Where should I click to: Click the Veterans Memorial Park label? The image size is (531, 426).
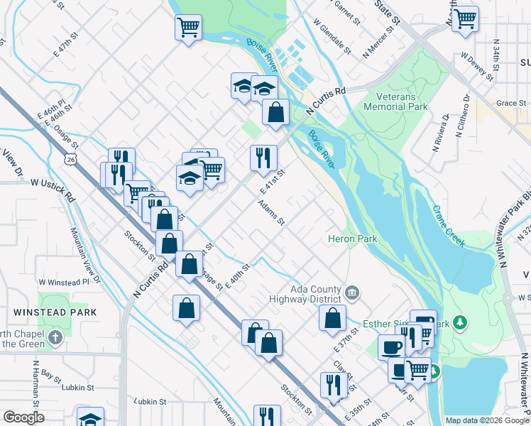[x=395, y=101]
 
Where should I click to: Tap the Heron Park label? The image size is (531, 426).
[x=352, y=239]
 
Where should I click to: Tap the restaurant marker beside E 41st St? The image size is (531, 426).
[x=263, y=157]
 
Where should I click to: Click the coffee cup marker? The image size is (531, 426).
[x=392, y=347]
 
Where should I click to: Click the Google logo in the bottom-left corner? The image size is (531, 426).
[x=24, y=417]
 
